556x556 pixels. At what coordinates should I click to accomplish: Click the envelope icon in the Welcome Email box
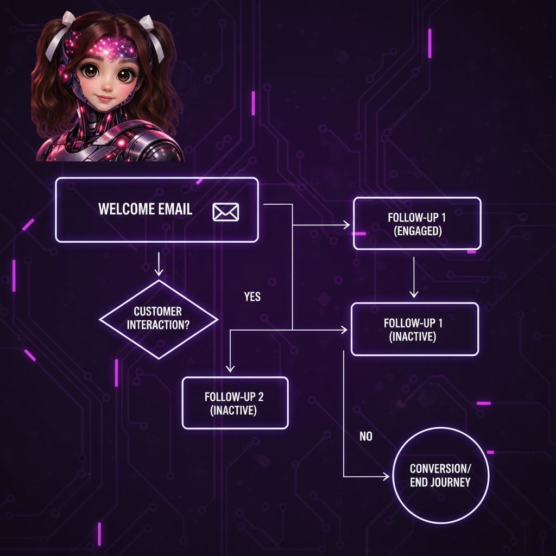coord(225,212)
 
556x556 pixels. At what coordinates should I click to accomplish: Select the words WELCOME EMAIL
coord(145,210)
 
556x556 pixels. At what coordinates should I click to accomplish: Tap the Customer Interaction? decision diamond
coord(158,319)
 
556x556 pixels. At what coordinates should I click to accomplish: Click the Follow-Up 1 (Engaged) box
coord(416,223)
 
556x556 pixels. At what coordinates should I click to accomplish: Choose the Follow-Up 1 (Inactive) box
coord(414,329)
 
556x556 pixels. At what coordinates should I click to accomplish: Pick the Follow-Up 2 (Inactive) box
coord(235,403)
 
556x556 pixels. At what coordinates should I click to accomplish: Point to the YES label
coord(252,296)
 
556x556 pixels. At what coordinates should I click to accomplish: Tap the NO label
coord(366,436)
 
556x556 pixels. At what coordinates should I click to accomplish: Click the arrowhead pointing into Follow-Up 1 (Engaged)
coord(346,224)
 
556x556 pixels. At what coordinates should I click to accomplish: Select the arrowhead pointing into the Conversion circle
coord(386,477)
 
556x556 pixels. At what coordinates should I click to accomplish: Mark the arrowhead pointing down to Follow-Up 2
coord(230,368)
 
